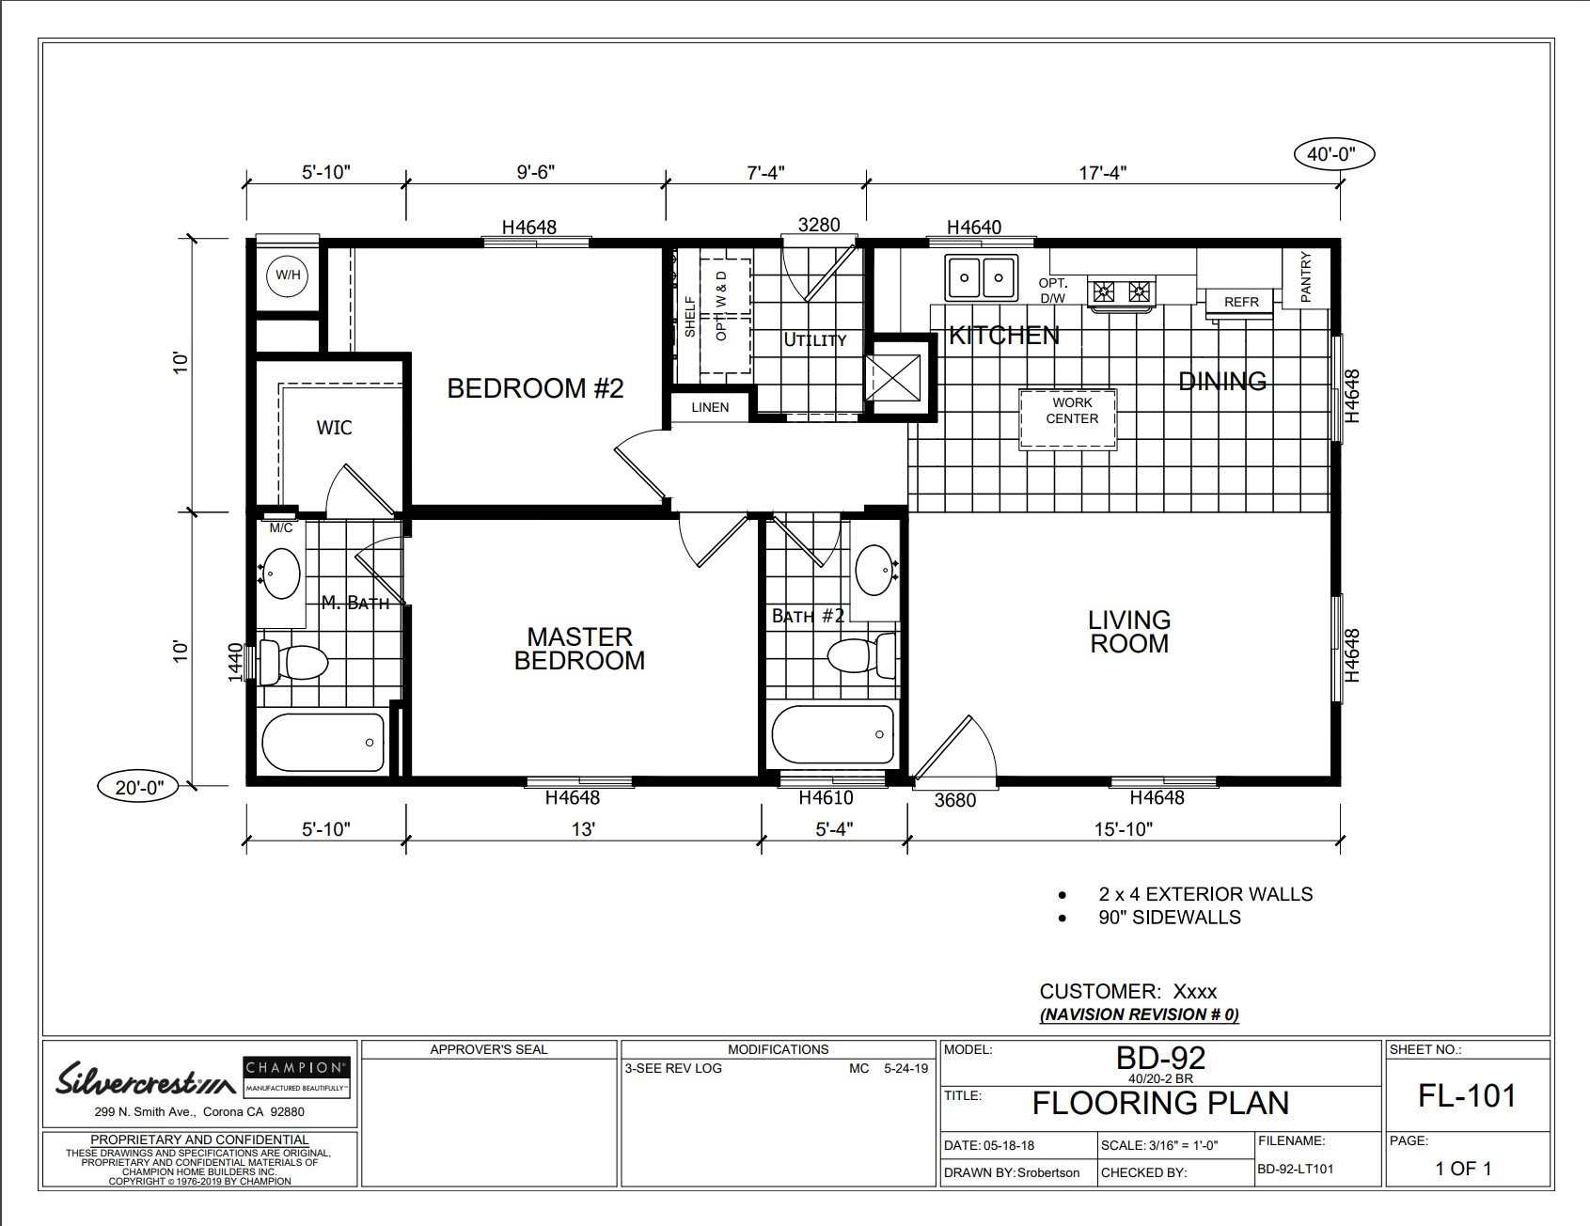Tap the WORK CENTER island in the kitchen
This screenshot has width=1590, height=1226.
(x=1071, y=418)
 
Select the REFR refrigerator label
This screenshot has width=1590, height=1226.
(x=1241, y=303)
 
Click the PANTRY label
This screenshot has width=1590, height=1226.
(x=1305, y=276)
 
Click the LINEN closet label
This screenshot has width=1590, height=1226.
(x=710, y=407)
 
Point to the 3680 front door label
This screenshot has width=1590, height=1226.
(x=955, y=801)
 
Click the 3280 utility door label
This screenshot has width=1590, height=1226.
(x=819, y=226)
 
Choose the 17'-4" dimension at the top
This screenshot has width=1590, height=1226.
(x=1103, y=172)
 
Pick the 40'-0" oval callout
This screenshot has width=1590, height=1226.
(x=1334, y=154)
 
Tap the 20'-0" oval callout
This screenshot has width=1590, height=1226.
(x=139, y=787)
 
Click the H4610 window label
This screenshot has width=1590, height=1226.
(x=826, y=798)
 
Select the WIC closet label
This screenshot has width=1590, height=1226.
(x=334, y=428)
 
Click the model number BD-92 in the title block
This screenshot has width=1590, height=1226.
(x=1160, y=1058)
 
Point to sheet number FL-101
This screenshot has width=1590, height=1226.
(x=1466, y=1095)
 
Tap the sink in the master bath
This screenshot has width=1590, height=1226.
(x=280, y=573)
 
